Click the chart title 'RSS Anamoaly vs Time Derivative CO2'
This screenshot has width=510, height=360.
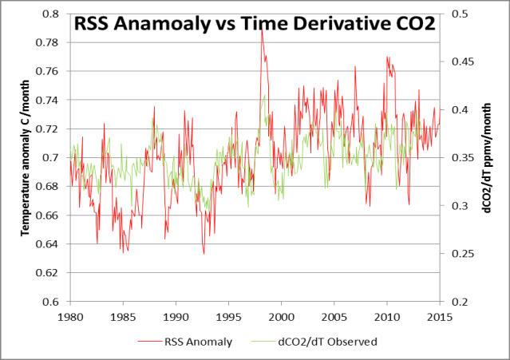[x=255, y=24]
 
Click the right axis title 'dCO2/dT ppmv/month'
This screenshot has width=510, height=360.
[x=487, y=160]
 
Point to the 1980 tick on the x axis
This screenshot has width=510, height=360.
[x=70, y=316]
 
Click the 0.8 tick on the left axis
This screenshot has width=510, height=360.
[x=50, y=14]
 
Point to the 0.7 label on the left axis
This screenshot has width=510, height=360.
[x=50, y=158]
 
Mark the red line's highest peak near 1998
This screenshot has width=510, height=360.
[x=261, y=30]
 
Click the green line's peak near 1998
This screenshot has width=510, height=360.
[x=265, y=96]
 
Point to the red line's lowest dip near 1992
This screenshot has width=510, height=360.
[x=204, y=254]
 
